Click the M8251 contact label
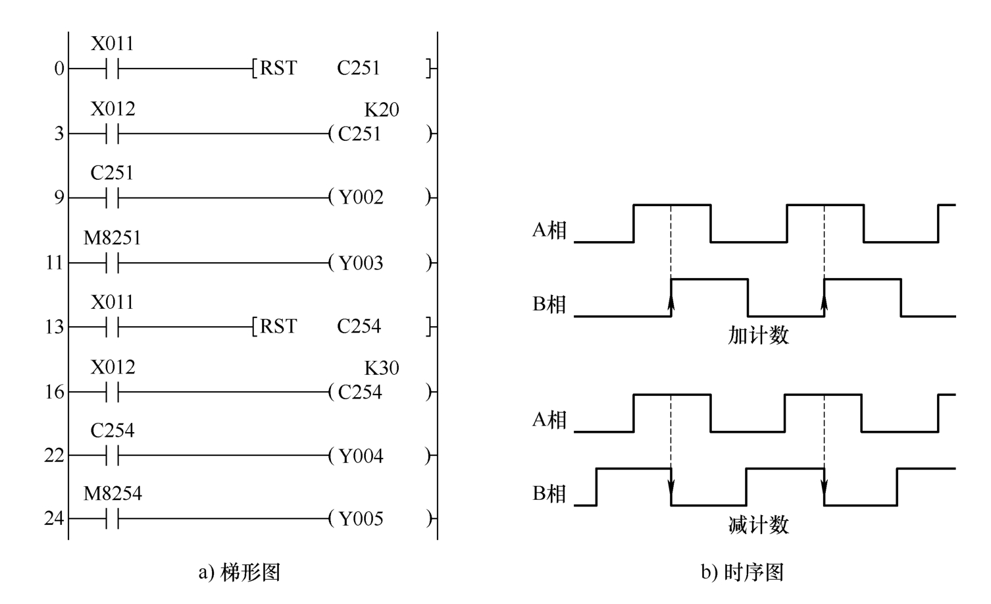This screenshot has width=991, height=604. click(x=113, y=238)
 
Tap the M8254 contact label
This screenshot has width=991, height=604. click(x=113, y=493)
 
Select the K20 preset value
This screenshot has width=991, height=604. click(x=382, y=109)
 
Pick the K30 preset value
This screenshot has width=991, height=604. click(x=382, y=368)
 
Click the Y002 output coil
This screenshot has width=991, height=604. click(x=380, y=197)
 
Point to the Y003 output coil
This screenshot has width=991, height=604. click(x=380, y=263)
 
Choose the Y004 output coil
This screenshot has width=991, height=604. click(x=380, y=456)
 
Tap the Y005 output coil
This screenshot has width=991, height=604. click(x=380, y=518)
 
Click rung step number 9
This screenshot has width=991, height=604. click(x=59, y=198)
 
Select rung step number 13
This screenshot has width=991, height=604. click(x=55, y=327)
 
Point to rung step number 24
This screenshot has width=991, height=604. click(x=55, y=518)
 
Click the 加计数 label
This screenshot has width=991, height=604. click(x=758, y=335)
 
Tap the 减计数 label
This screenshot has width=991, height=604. click(x=758, y=525)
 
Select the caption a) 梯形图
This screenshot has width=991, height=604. click(x=240, y=572)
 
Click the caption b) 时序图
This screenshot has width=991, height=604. click(x=742, y=572)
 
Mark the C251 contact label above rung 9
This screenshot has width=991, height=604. click(x=112, y=173)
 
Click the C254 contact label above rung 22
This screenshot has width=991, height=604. click(x=113, y=430)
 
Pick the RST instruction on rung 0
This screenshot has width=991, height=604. click(x=278, y=69)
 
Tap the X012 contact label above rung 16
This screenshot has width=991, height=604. click(x=113, y=367)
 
